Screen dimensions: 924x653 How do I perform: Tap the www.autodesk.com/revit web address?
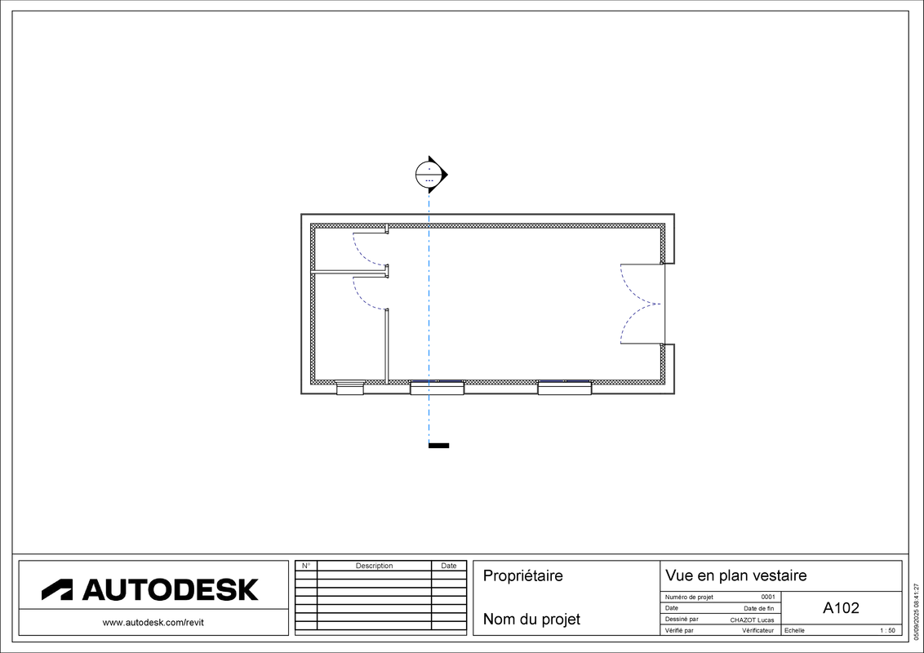pos(153,623)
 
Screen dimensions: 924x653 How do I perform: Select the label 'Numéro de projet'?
pos(689,597)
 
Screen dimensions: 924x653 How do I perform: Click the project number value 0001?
pos(768,597)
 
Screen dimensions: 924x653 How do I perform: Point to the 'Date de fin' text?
pos(758,608)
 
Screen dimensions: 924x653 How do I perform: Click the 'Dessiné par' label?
pos(682,620)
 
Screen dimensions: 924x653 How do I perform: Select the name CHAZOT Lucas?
pos(752,620)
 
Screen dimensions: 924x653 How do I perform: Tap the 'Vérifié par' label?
pos(679,630)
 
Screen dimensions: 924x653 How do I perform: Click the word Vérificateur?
pos(757,630)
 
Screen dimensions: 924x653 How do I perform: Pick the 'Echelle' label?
pos(794,630)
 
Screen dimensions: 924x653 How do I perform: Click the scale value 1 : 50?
pos(886,630)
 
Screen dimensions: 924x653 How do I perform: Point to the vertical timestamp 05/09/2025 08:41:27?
pos(917,605)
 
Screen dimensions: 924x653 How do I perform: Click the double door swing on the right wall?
pos(637,304)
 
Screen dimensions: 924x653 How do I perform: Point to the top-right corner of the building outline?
pos(662,226)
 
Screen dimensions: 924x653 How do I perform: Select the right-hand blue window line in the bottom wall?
pos(565,381)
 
